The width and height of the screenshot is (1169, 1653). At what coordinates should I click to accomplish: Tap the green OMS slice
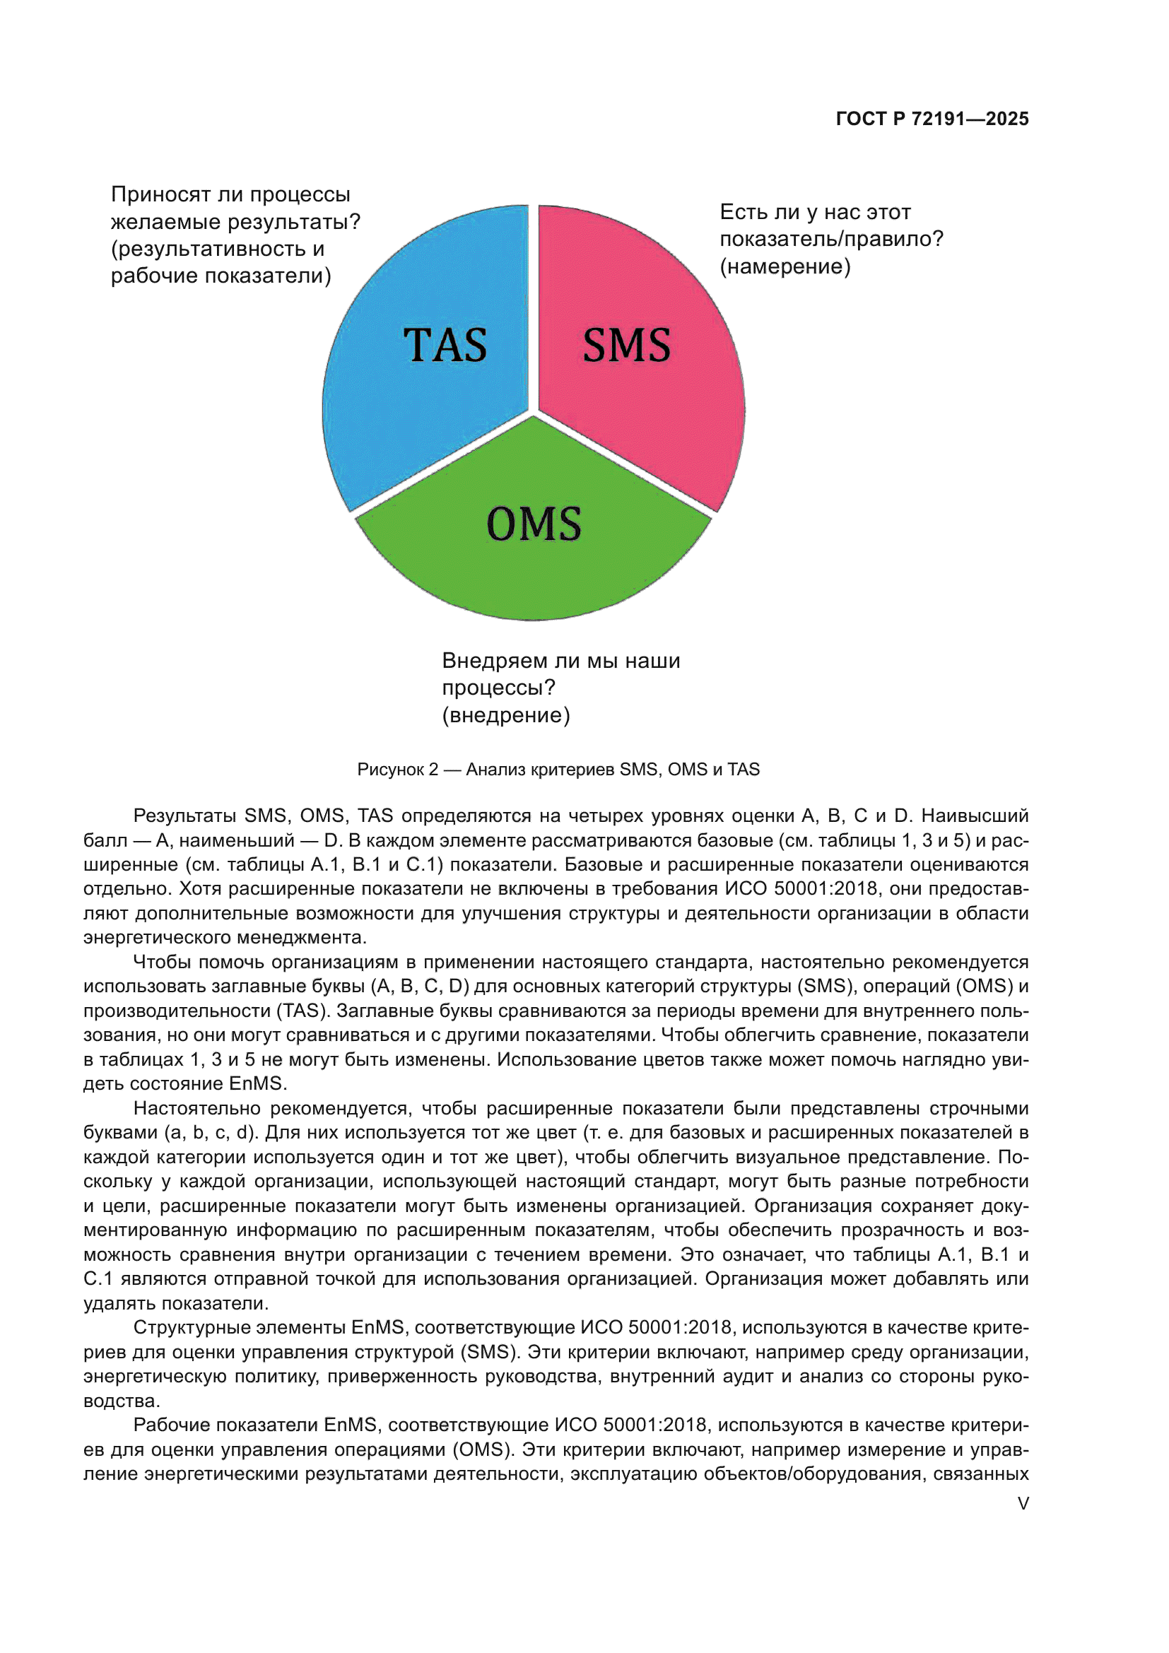tap(533, 576)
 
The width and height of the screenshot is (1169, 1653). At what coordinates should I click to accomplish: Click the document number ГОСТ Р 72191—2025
tap(932, 119)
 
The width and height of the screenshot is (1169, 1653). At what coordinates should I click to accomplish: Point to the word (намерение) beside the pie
tap(785, 266)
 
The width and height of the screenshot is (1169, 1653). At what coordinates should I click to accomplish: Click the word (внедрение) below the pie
tap(505, 715)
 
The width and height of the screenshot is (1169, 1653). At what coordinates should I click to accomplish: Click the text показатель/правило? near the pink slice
tap(830, 239)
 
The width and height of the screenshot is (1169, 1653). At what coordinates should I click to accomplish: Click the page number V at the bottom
tap(1023, 1504)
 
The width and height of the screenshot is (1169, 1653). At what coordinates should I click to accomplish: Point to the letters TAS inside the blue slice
tap(445, 345)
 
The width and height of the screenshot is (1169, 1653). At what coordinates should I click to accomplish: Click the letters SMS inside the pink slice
tap(626, 345)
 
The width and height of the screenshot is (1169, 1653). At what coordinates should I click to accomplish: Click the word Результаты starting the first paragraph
tap(184, 816)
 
